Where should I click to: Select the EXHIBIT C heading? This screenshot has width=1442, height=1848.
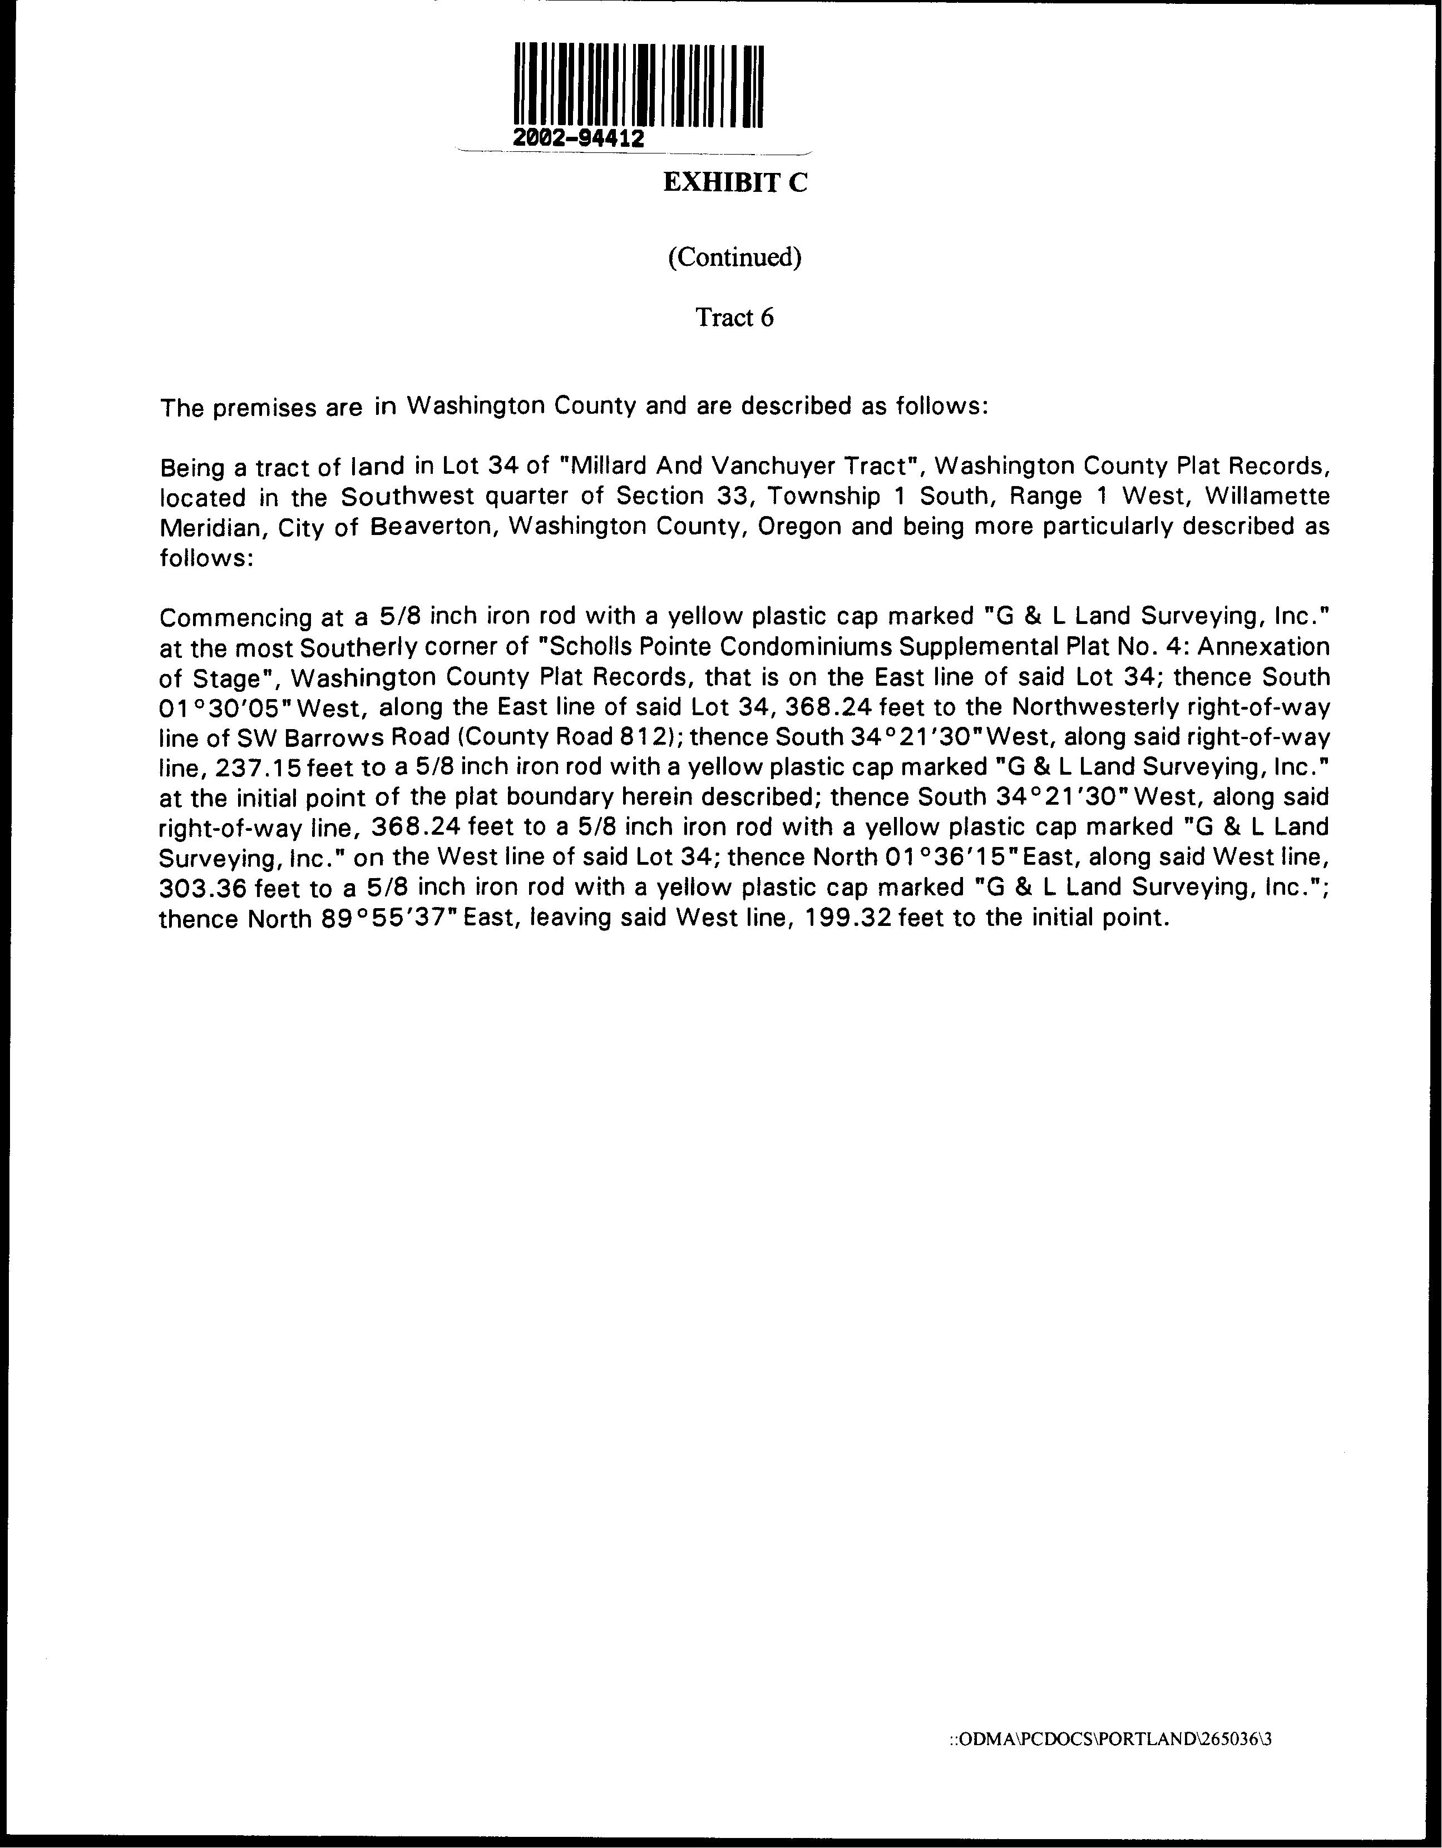[x=734, y=183]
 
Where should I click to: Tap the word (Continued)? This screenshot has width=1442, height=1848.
[x=734, y=256]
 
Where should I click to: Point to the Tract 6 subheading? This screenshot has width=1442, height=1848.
[x=734, y=318]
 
